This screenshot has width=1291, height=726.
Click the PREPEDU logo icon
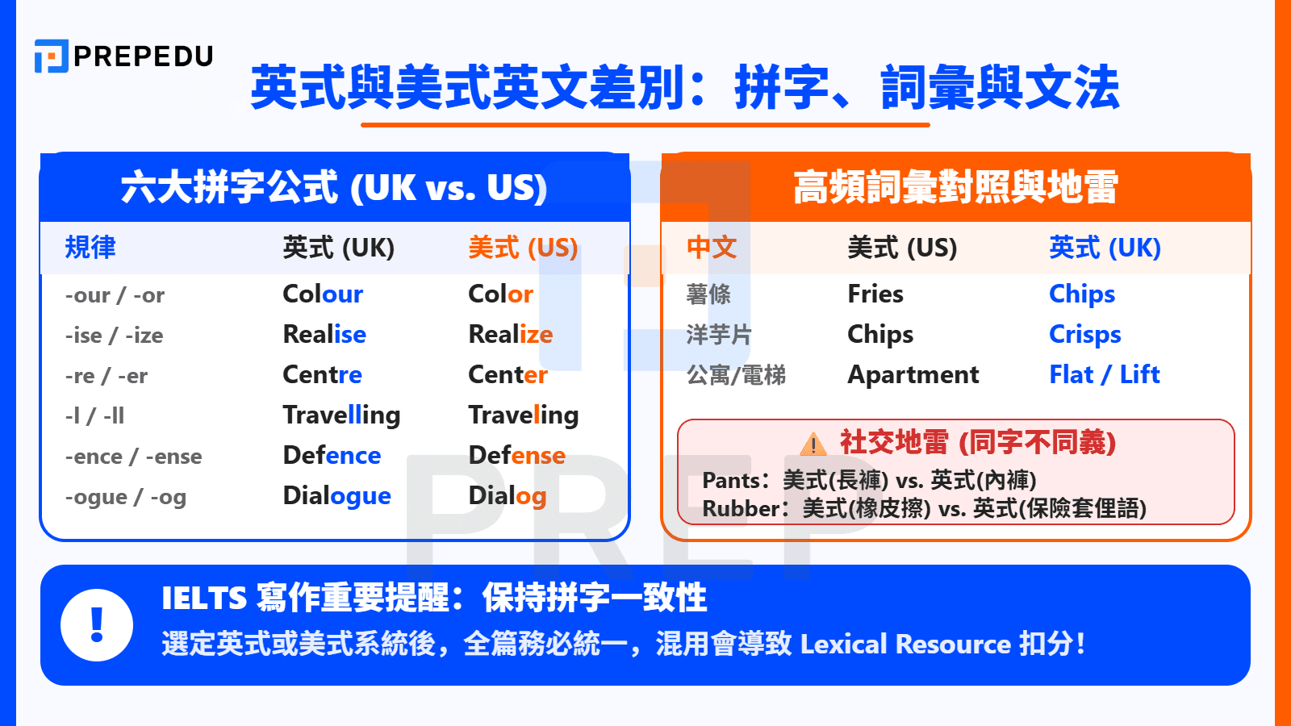(x=51, y=56)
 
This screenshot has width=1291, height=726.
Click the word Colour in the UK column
(x=323, y=294)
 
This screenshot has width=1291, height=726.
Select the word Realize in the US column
(x=510, y=335)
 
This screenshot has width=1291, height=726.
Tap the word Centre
(x=322, y=375)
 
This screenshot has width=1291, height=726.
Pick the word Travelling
(x=341, y=415)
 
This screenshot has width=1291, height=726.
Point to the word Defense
(x=516, y=456)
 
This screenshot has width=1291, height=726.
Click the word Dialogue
(x=336, y=496)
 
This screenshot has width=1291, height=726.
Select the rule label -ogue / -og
(x=125, y=497)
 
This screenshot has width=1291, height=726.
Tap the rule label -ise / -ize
(x=114, y=336)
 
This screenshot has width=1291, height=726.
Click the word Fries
(x=875, y=294)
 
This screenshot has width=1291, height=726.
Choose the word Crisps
(x=1084, y=335)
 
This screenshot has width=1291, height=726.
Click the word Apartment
(x=913, y=375)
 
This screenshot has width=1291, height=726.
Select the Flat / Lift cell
(x=1104, y=375)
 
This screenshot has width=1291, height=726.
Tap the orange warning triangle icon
(x=813, y=444)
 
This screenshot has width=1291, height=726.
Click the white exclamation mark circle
(x=97, y=625)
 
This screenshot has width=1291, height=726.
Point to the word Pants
(x=730, y=481)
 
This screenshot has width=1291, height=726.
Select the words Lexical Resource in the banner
(x=905, y=645)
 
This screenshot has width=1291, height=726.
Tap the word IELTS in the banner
(x=203, y=599)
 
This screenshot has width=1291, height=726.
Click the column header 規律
(x=90, y=248)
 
